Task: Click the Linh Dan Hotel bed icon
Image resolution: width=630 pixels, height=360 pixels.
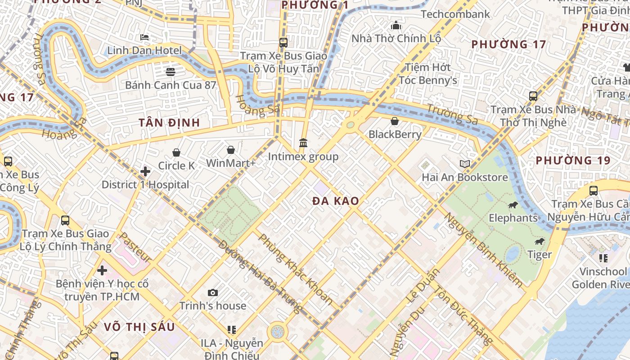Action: [144, 37]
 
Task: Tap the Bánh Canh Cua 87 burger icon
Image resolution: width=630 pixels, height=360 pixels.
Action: [170, 72]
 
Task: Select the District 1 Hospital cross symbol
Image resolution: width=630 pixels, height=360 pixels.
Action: [145, 171]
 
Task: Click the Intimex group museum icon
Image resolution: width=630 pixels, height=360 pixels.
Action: [303, 143]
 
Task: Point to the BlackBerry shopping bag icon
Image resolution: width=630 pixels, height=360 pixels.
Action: [395, 121]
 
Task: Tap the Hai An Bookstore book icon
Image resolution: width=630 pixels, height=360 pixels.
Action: [465, 164]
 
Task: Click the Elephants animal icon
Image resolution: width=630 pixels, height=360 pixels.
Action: [513, 205]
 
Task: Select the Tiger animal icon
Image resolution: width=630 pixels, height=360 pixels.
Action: [540, 242]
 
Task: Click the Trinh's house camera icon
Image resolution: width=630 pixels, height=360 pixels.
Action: [213, 293]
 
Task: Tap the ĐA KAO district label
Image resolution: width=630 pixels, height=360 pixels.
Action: [336, 201]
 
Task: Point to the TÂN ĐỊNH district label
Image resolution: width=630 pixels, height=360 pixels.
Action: [169, 123]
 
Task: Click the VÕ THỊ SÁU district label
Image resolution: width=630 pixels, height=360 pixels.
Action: [139, 327]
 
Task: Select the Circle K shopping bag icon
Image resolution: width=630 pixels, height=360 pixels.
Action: [176, 153]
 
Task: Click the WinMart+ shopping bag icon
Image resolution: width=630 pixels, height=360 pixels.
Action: [231, 150]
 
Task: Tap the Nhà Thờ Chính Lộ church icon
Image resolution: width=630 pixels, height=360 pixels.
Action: [396, 25]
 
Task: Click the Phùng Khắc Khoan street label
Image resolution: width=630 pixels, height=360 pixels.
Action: [295, 269]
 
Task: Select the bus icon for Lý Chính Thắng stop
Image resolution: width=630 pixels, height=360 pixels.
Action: [65, 220]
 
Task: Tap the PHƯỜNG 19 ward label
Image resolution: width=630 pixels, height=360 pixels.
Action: [573, 161]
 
